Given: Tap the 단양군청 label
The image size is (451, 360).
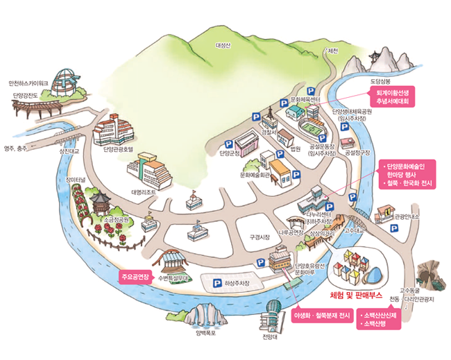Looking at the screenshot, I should (229, 152).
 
